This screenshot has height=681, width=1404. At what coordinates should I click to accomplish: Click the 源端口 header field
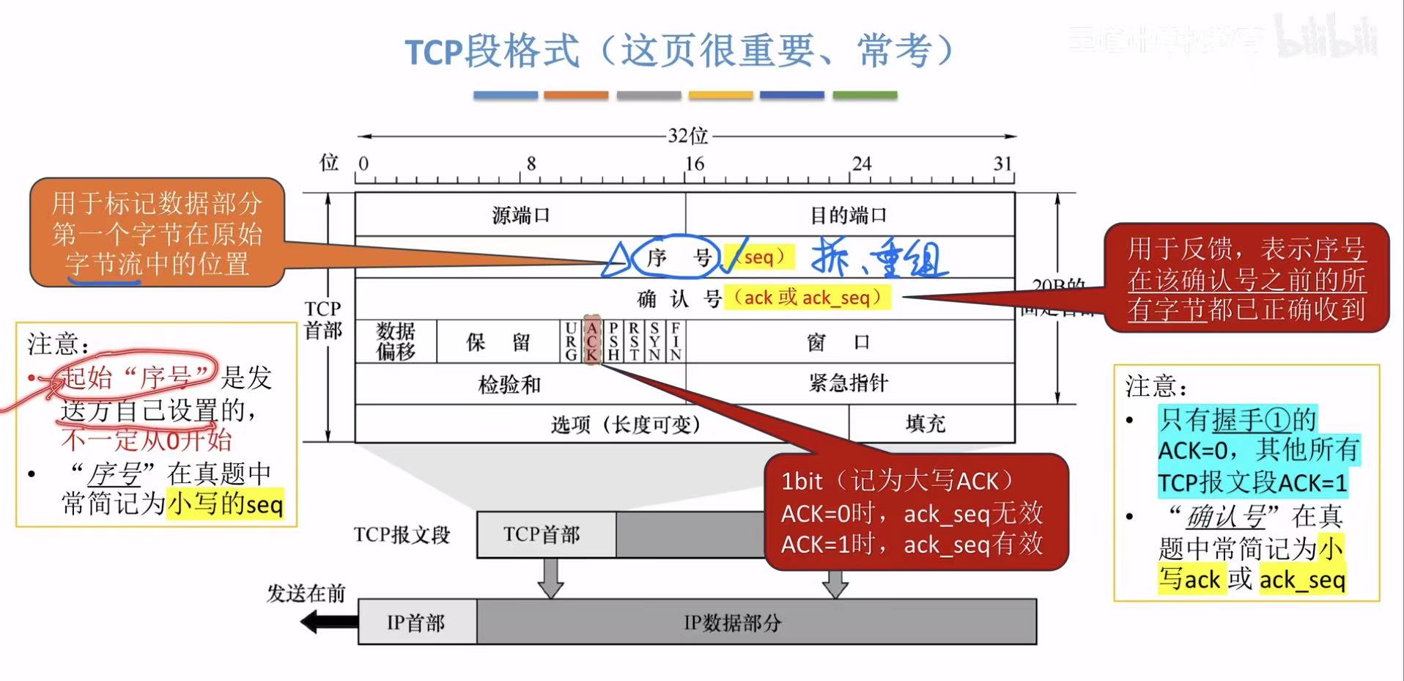[520, 215]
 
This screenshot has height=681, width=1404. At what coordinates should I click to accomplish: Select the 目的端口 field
[849, 215]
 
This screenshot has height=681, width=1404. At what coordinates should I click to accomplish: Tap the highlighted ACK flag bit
[592, 341]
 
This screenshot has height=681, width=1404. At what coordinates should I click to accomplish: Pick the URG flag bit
[571, 342]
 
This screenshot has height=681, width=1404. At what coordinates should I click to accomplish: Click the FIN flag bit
[676, 342]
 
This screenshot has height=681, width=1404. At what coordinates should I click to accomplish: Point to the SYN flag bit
[654, 342]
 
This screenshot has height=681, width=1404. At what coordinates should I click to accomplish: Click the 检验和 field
[509, 384]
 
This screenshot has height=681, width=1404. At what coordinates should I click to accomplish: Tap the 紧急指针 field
[849, 383]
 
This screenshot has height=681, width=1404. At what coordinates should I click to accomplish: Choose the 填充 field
[925, 424]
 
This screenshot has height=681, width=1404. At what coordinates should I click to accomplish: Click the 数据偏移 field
[396, 342]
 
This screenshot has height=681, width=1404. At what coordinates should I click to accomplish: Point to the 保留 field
[498, 342]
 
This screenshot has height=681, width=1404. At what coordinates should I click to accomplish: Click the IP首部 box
[416, 623]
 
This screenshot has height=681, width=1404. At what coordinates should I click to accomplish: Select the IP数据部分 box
[733, 623]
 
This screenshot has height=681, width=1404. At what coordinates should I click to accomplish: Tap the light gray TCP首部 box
[542, 535]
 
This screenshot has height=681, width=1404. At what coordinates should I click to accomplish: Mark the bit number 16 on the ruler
[695, 164]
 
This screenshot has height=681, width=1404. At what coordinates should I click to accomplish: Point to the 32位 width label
[687, 136]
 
